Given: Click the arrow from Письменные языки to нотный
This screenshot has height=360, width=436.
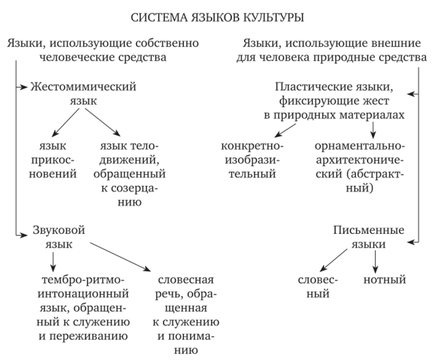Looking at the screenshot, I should click(375, 260).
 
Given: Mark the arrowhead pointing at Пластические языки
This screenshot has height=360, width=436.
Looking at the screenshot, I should click(411, 95).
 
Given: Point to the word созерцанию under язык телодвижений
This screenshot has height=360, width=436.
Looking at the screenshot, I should click(133, 194).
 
